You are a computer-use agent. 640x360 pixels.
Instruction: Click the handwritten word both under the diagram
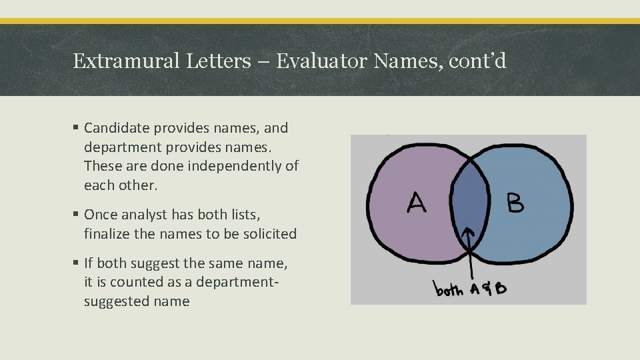[x=449, y=290]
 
